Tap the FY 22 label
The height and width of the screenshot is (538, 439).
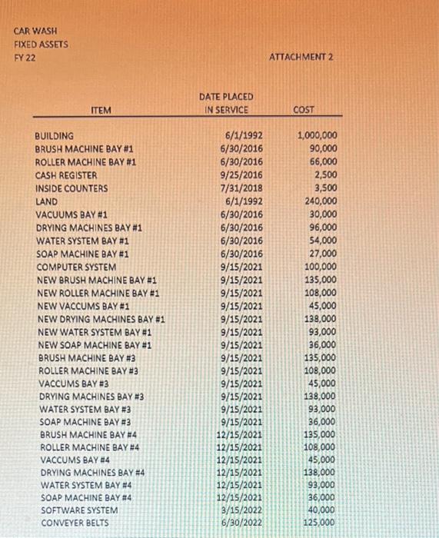[x=25, y=58]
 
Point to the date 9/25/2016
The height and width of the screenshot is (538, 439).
[x=241, y=175]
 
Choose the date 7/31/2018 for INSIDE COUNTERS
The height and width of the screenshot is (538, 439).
[x=241, y=188]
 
